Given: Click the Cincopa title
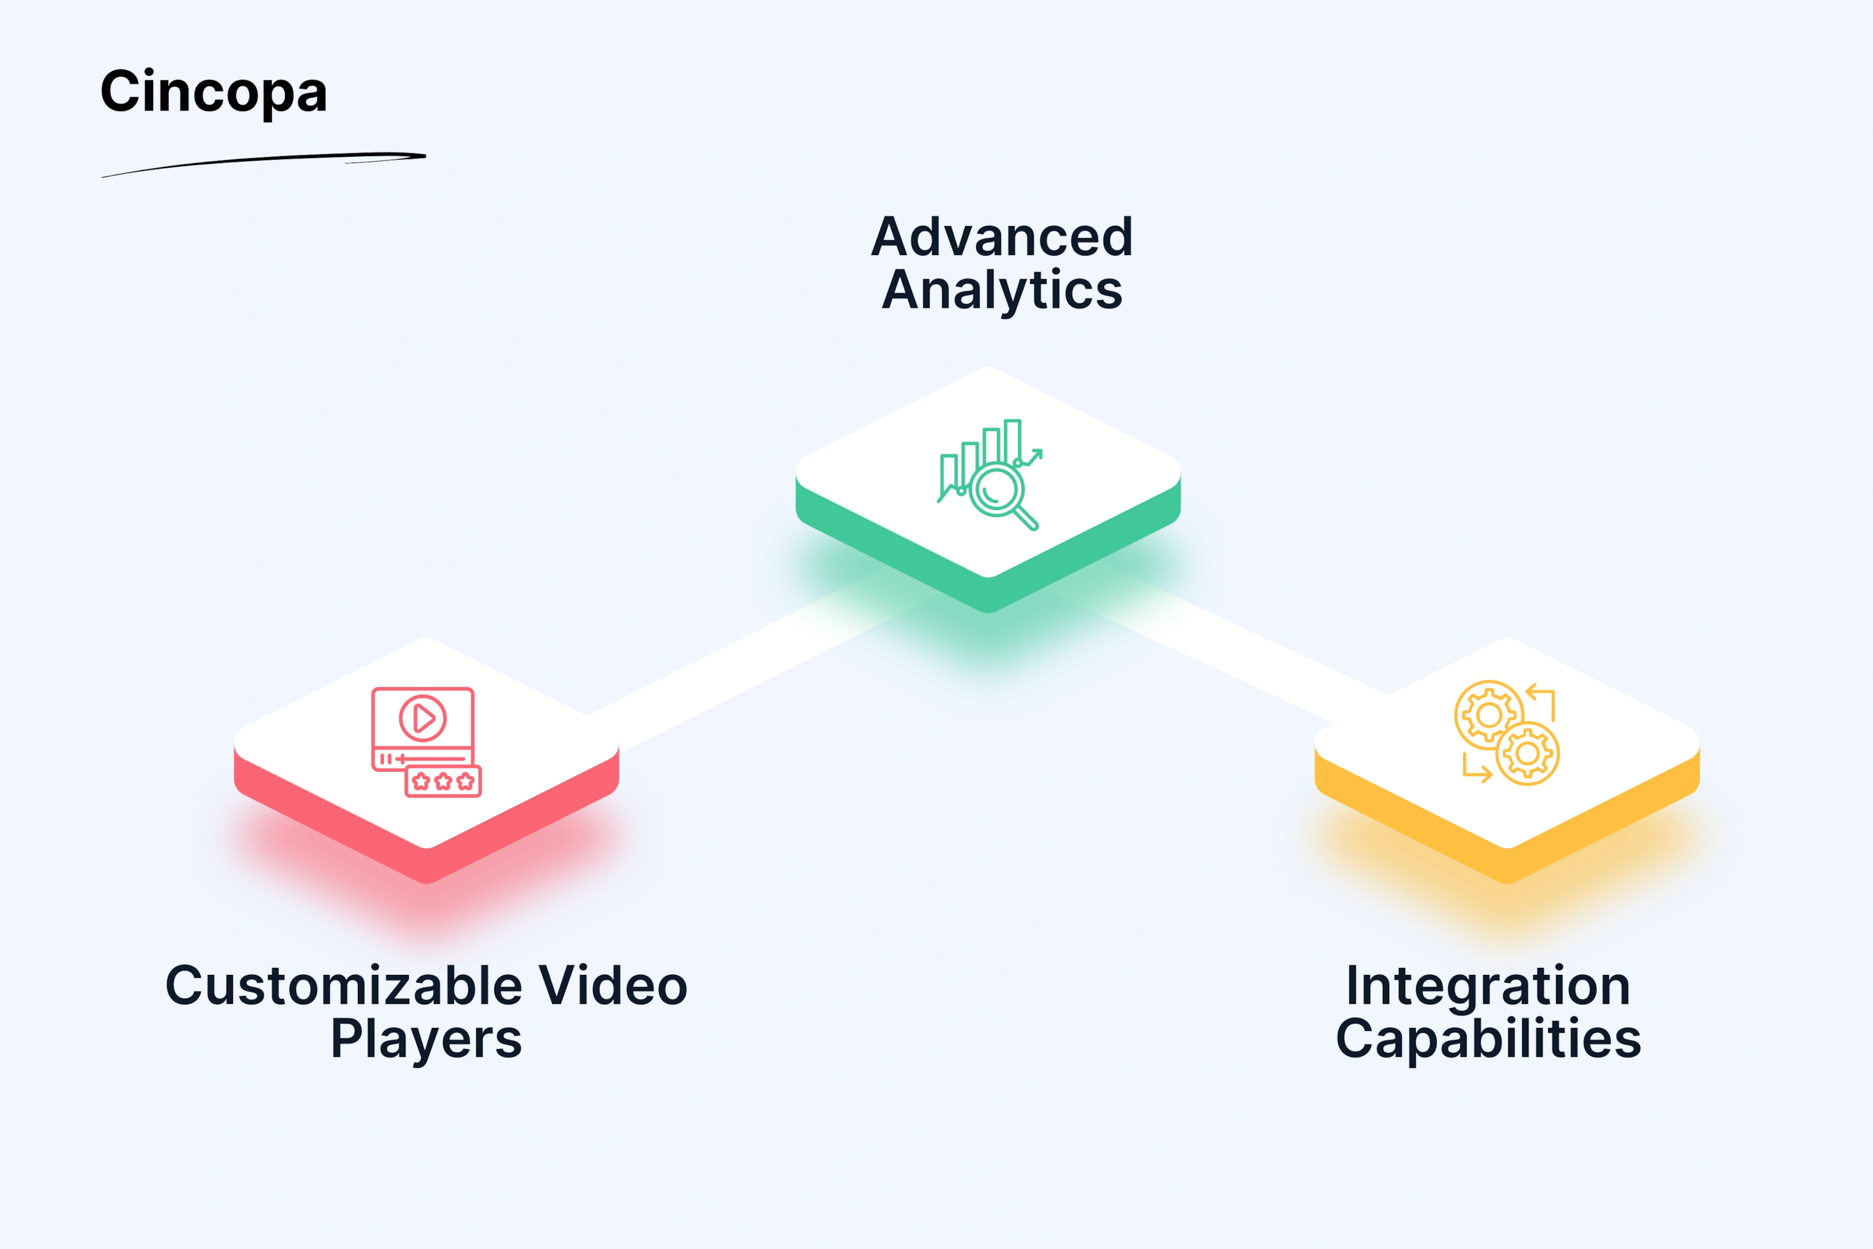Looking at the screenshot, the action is (x=213, y=93).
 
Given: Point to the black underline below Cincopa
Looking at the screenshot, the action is (x=264, y=164).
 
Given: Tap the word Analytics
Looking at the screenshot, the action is (x=1002, y=291).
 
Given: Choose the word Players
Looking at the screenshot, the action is (x=426, y=1040).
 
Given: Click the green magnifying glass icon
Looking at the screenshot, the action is (x=1002, y=496).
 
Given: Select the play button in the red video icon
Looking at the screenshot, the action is (x=423, y=719).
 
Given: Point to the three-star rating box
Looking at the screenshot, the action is (x=443, y=781).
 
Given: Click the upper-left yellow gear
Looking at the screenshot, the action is (x=1489, y=715).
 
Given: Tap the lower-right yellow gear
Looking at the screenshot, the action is (x=1527, y=753).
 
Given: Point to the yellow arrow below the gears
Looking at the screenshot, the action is (x=1476, y=768).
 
